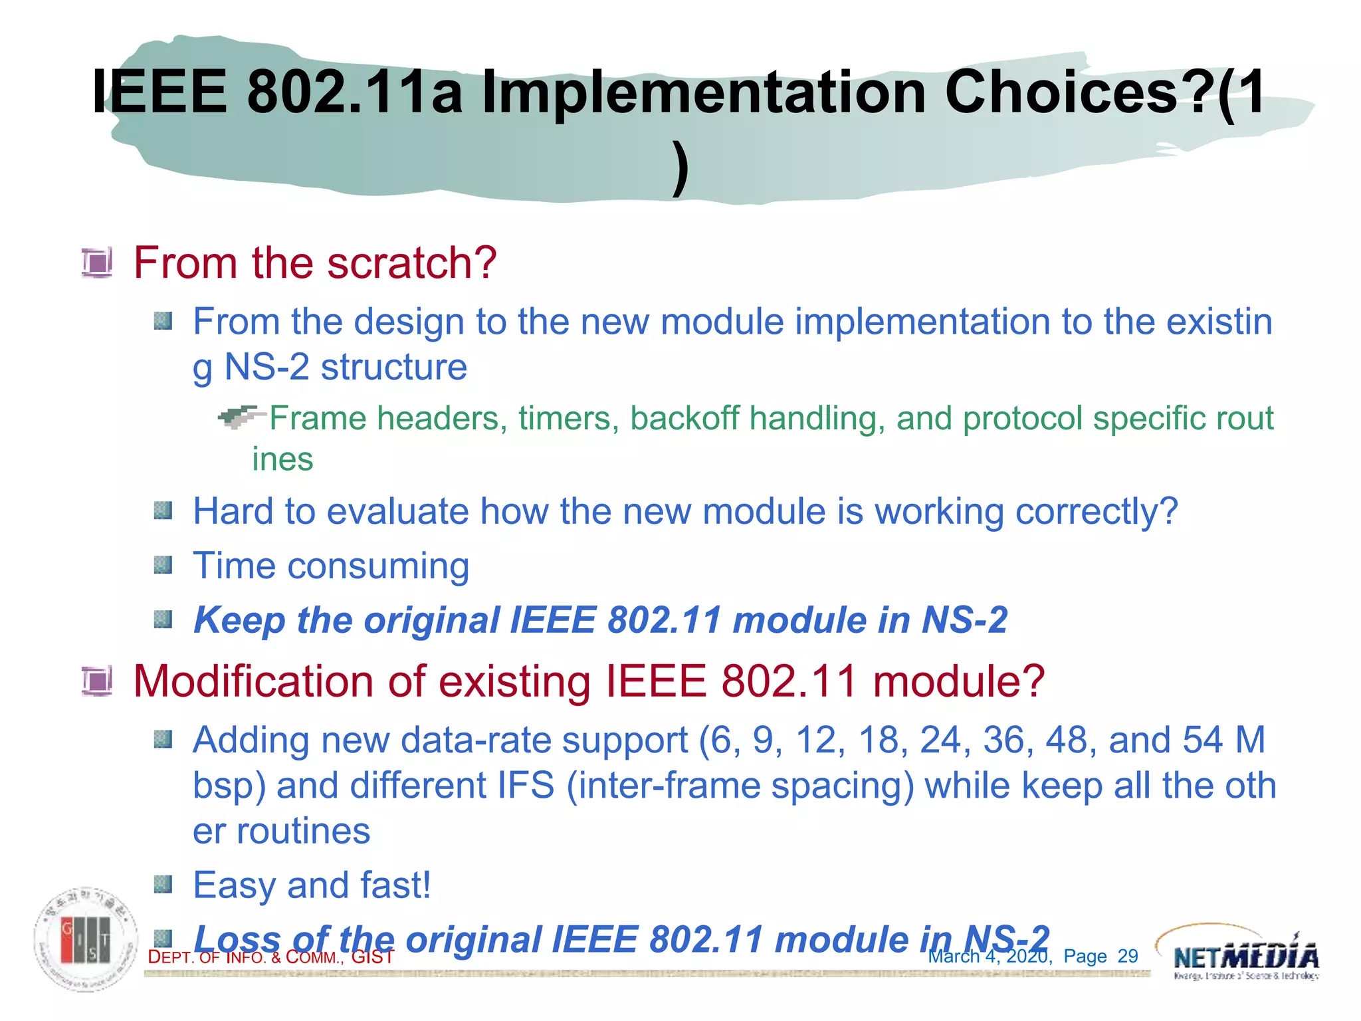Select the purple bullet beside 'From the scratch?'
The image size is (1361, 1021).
coord(97,263)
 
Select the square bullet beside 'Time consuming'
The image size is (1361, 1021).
coord(163,566)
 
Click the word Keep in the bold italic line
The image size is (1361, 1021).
coord(239,620)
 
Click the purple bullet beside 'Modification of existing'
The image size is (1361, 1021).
coord(97,681)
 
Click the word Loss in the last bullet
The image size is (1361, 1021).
coord(237,939)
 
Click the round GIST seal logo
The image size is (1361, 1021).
coord(86,939)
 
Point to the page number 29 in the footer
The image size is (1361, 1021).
coord(1128,956)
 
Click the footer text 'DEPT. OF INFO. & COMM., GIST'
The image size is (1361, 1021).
coord(270,957)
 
